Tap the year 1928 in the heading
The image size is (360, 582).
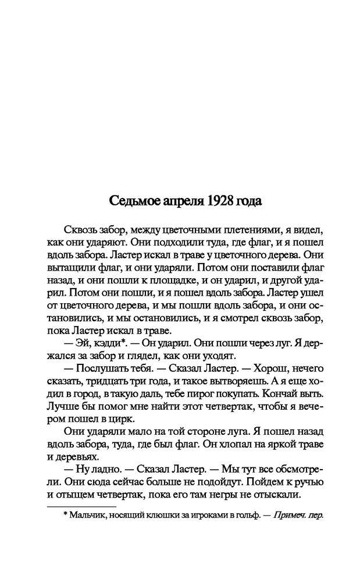(x=213, y=201)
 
